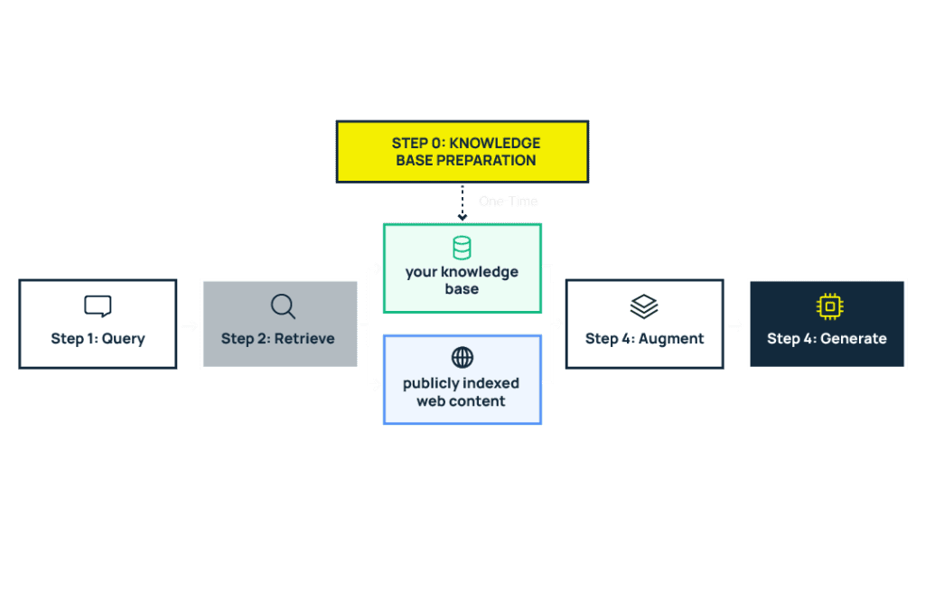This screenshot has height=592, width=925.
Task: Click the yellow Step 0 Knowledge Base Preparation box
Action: (x=462, y=152)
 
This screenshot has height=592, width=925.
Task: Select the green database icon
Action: (x=462, y=248)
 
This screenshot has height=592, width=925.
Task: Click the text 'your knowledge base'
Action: (x=462, y=280)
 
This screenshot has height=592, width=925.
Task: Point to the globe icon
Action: (x=462, y=357)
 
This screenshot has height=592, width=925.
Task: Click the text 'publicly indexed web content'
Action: (x=462, y=392)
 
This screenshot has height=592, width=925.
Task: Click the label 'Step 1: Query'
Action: (x=98, y=339)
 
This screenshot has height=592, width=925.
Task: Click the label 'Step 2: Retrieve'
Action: (x=278, y=339)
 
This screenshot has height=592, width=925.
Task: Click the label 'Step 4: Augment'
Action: (x=644, y=339)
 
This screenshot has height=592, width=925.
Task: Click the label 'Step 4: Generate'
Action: (x=827, y=339)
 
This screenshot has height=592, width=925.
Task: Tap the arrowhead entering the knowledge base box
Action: (x=377, y=268)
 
